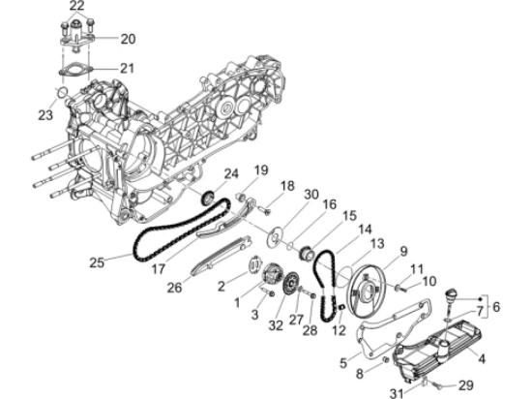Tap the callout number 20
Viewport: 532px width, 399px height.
(x=129, y=39)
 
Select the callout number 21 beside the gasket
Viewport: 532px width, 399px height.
(x=129, y=68)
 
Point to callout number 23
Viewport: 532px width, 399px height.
(x=44, y=115)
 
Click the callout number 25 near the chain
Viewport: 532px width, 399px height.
(x=96, y=261)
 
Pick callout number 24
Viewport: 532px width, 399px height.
(x=232, y=173)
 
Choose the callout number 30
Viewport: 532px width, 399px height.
(x=310, y=194)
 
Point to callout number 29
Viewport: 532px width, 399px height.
(x=465, y=385)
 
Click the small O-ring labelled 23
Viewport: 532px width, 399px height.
(x=59, y=93)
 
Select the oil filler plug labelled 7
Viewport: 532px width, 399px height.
(x=451, y=296)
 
